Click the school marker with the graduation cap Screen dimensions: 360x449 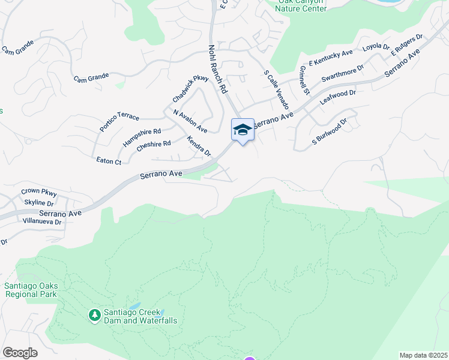(243, 130)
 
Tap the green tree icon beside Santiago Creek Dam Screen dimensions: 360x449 (94, 314)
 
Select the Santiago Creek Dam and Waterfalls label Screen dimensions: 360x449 (139, 316)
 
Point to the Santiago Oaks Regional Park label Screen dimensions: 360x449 (31, 290)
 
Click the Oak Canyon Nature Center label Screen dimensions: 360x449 (302, 6)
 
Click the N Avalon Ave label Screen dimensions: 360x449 (190, 121)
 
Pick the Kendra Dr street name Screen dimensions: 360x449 (199, 146)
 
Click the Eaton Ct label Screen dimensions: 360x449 (109, 161)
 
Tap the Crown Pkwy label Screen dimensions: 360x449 (38, 192)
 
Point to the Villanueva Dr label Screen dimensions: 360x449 (41, 221)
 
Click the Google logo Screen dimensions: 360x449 (20, 353)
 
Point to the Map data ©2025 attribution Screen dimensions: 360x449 (423, 355)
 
